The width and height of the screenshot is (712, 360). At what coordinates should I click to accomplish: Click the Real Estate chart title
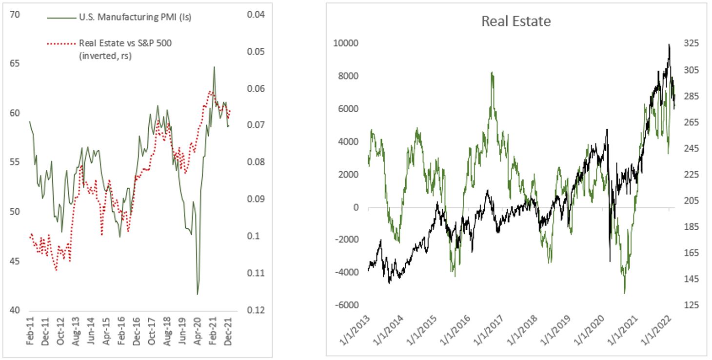click(516, 21)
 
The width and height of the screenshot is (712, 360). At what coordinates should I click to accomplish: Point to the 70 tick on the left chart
click(15, 15)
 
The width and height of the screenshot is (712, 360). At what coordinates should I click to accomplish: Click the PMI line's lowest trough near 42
click(198, 294)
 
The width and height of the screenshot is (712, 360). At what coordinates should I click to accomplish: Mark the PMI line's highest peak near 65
click(214, 67)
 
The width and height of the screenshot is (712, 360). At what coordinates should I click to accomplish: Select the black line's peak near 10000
click(669, 44)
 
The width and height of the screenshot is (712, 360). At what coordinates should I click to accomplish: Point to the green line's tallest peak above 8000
click(492, 72)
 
